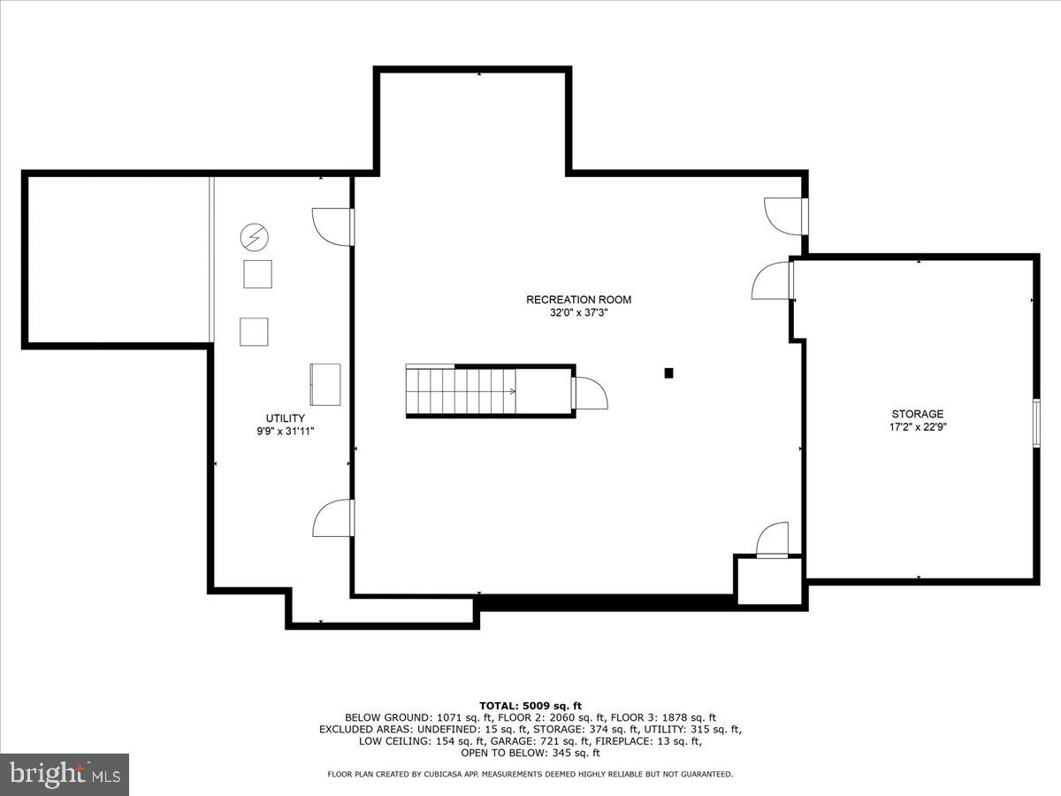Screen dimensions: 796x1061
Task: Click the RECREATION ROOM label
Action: tap(578, 300)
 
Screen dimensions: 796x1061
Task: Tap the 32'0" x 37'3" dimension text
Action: tap(578, 313)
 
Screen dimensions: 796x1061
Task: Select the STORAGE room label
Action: tap(917, 414)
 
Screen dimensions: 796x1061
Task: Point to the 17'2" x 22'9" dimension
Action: tap(917, 427)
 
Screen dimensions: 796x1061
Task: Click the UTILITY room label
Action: tap(286, 418)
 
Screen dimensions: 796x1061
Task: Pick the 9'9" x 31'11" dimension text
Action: tap(286, 432)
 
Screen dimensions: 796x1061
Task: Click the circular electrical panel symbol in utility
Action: tap(255, 236)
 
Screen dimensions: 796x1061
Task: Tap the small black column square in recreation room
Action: tap(669, 373)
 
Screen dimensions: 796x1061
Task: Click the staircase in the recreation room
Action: tap(461, 391)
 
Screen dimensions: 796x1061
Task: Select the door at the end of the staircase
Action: tap(589, 392)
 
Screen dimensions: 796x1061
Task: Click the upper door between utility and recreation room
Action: tap(335, 226)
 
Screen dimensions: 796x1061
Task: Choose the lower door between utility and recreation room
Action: tap(335, 518)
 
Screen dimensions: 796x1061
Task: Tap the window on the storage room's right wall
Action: tap(1036, 424)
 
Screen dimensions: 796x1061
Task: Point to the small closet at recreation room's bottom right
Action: tap(768, 582)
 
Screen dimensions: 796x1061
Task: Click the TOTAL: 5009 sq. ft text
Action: tap(530, 706)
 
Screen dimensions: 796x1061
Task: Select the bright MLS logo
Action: tap(64, 774)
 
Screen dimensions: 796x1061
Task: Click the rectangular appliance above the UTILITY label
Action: tap(325, 385)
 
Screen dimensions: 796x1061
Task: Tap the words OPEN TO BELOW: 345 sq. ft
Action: tap(530, 754)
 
